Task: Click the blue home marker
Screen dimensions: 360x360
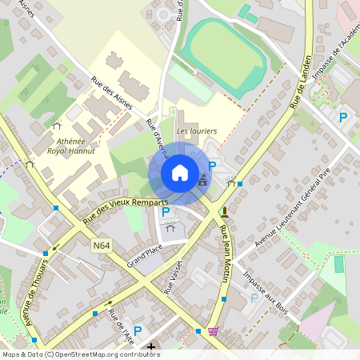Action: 180,173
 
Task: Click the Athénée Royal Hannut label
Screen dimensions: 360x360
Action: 70,145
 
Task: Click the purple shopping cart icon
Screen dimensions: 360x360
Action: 213,331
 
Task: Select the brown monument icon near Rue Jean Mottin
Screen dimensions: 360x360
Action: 224,212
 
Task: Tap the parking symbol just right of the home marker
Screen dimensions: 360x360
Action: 212,166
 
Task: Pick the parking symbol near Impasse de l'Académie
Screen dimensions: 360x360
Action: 343,118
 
